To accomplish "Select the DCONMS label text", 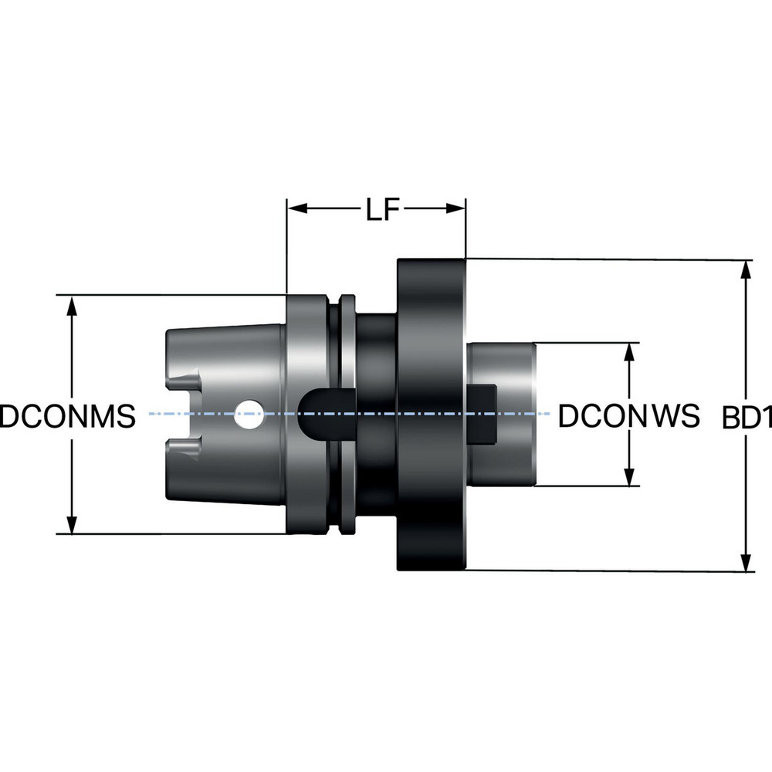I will click(x=67, y=416).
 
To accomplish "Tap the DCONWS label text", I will click(x=628, y=416).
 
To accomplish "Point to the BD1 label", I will click(x=747, y=418).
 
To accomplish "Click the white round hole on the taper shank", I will click(x=249, y=415).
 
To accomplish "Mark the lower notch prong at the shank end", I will click(x=184, y=447).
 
